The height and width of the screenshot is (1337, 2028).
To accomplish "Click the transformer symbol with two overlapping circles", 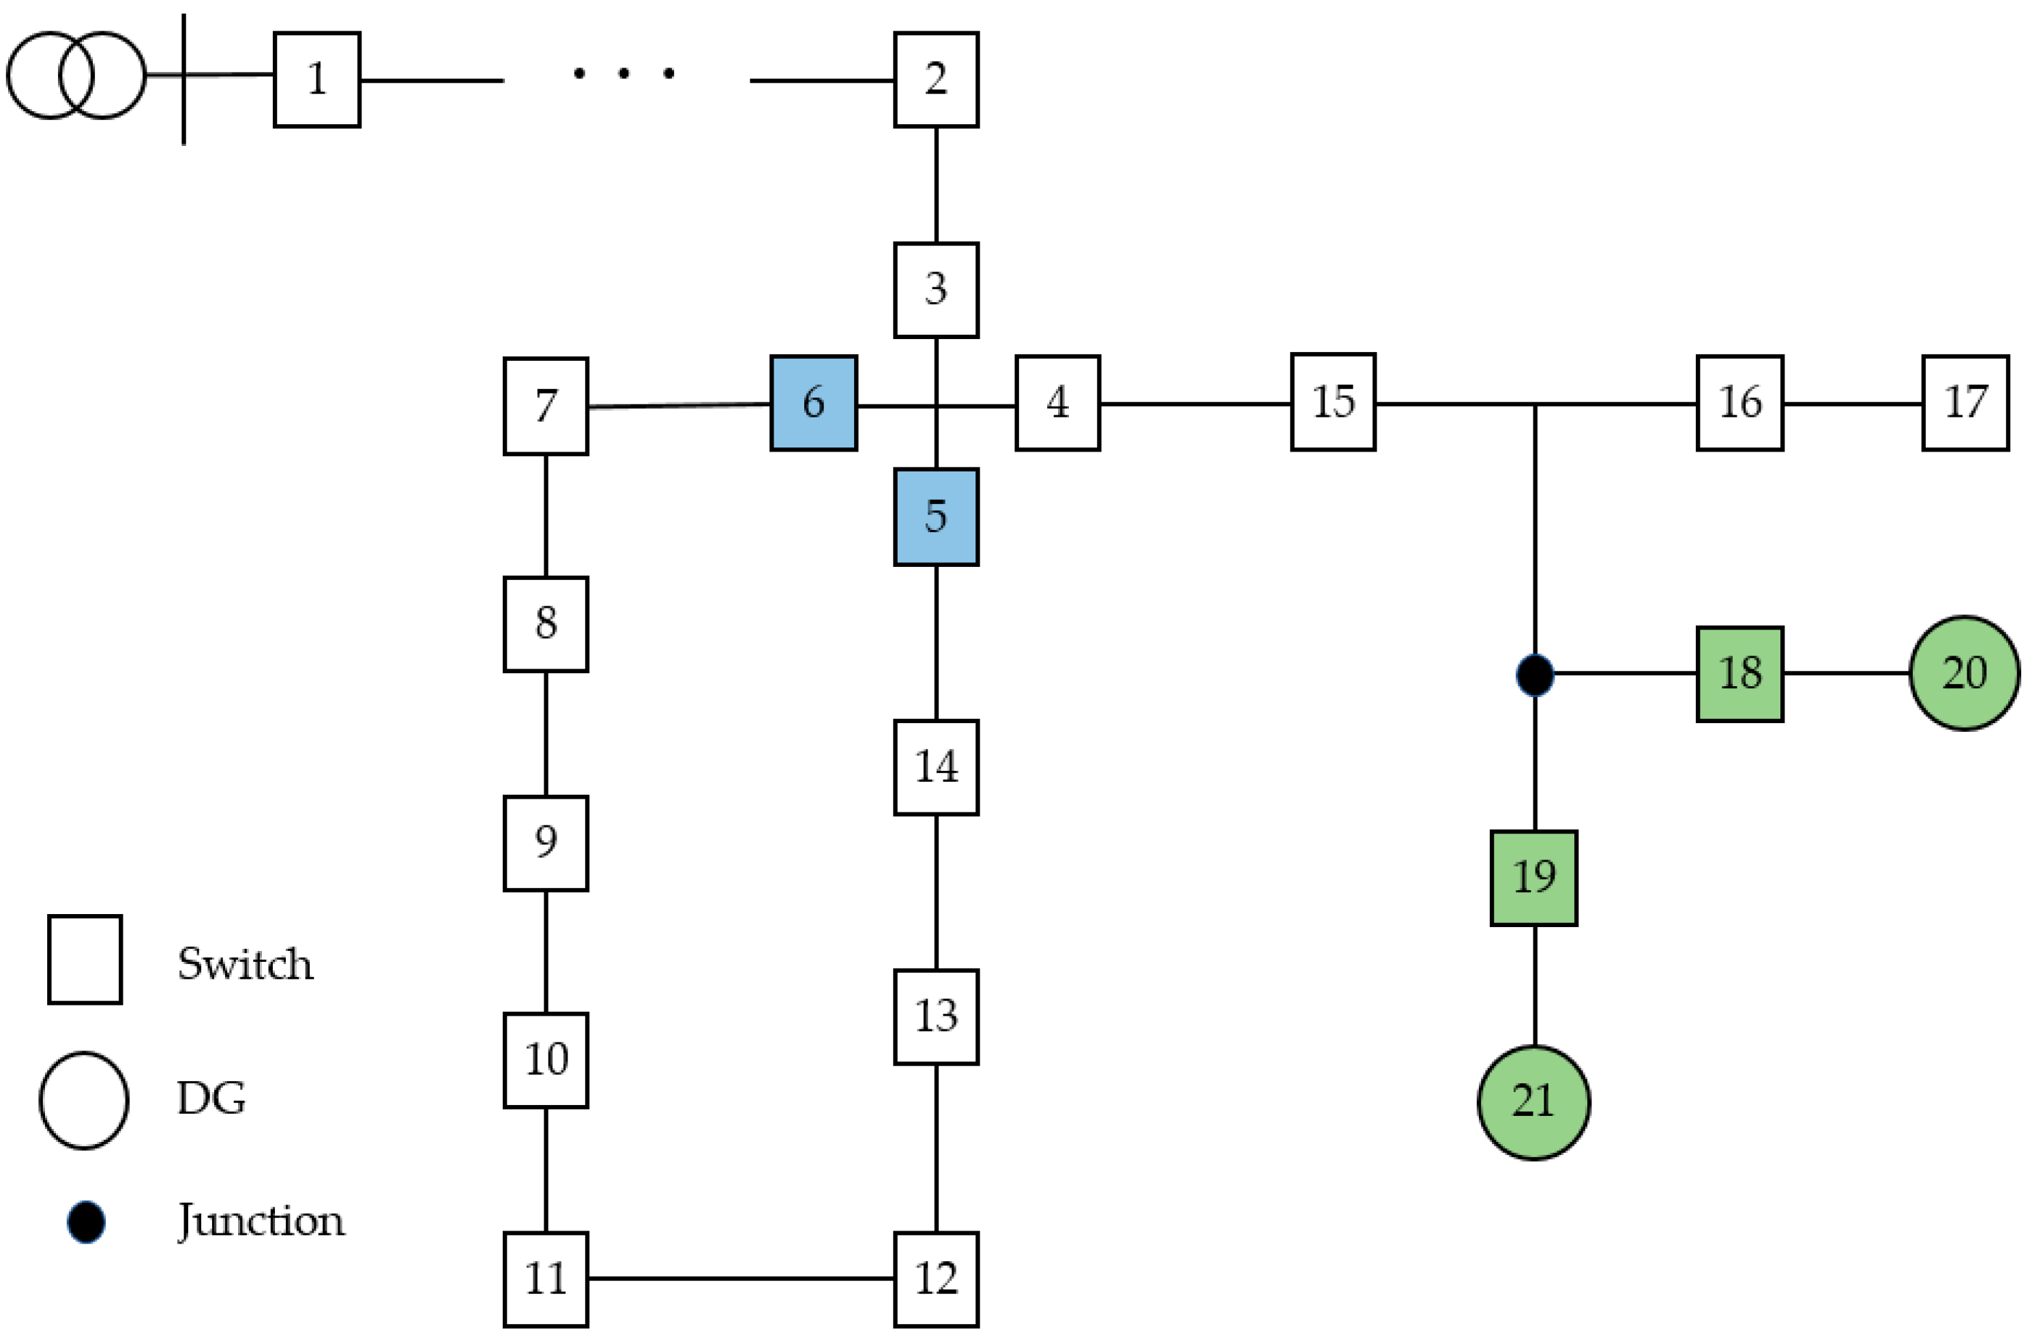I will tap(76, 75).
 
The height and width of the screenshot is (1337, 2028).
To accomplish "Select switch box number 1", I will tap(317, 79).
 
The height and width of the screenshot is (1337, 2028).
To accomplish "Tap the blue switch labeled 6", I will tap(813, 402).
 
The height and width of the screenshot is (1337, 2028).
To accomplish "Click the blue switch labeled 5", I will tap(936, 517).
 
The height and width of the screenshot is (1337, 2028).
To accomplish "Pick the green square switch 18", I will tap(1739, 674).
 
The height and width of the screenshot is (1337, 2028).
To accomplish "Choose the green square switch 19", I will tap(1533, 877).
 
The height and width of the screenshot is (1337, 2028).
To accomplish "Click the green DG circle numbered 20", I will tap(1963, 673).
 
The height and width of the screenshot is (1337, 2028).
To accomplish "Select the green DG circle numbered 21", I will tap(1533, 1102).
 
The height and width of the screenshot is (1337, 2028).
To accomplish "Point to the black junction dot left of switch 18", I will tap(1534, 675).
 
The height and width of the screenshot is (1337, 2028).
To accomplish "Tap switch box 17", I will tap(1965, 402).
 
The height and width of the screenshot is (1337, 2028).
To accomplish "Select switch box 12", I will tap(936, 1278).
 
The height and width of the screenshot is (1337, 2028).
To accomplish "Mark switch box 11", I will tap(546, 1278).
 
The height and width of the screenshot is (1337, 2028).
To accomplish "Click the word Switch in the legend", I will tap(246, 965).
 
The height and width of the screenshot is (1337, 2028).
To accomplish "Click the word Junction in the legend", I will tap(261, 1221).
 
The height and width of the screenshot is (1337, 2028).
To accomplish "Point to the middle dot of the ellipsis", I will tap(624, 74).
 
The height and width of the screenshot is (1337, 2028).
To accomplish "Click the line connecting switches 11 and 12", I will tap(740, 1278).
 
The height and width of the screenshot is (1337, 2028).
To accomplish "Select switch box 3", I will tap(936, 290).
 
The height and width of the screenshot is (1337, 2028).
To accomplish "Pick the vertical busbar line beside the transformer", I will tap(184, 111).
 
